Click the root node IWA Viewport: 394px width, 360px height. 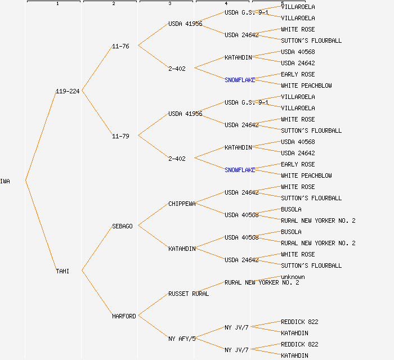click(x=5, y=181)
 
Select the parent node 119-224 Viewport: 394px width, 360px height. click(x=68, y=91)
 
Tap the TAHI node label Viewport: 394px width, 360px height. click(x=62, y=271)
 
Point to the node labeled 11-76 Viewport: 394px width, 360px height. click(x=120, y=46)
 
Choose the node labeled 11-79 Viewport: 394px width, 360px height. click(x=120, y=136)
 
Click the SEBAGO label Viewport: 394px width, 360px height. click(x=122, y=226)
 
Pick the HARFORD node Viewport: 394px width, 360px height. click(x=124, y=316)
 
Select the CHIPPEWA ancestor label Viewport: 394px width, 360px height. click(x=182, y=204)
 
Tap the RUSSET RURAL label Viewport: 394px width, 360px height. click(x=189, y=294)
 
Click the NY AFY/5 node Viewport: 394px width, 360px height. click(x=182, y=339)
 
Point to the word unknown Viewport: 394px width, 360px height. click(x=293, y=277)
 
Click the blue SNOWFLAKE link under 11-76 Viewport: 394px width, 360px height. click(x=240, y=80)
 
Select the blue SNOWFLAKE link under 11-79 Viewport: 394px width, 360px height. click(x=240, y=170)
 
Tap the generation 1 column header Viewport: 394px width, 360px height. click(x=57, y=3)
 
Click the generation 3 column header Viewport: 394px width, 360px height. click(x=169, y=3)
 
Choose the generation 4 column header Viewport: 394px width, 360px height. click(x=226, y=3)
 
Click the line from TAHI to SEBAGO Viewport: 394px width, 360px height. click(x=97, y=249)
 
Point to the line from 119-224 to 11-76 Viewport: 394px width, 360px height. click(x=97, y=69)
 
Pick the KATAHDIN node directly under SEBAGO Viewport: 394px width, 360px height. click(x=182, y=249)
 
